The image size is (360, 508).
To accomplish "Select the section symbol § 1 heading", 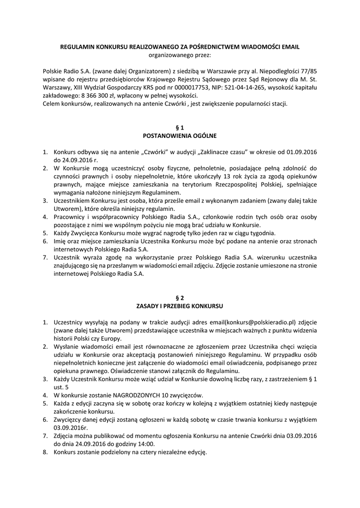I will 180,127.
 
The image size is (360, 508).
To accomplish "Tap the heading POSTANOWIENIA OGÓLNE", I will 180,135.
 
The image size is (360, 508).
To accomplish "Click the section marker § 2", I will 180,298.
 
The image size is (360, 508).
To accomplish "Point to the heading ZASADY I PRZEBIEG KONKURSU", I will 180,306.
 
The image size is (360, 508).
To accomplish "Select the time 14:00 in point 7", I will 146,444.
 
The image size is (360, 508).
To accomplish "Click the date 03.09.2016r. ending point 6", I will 71,428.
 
